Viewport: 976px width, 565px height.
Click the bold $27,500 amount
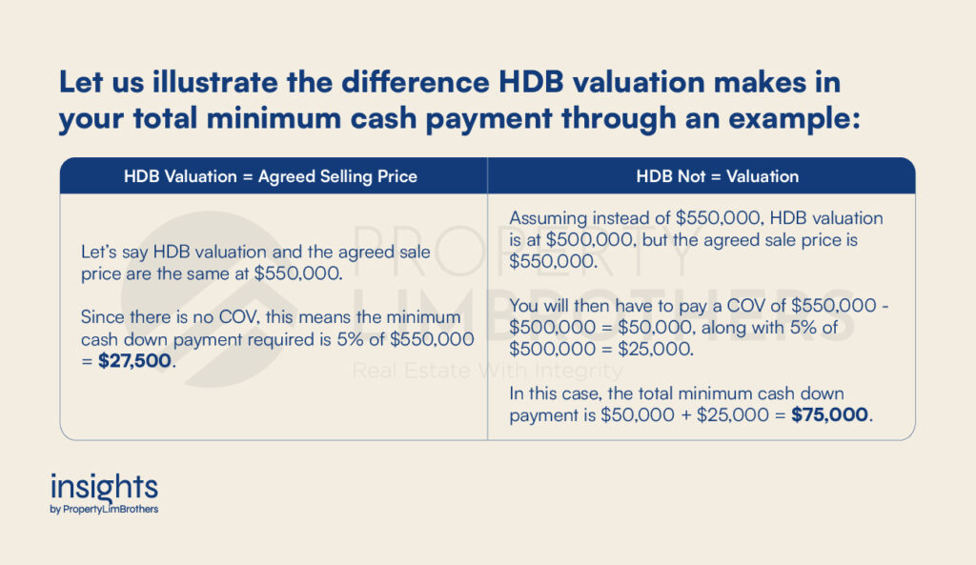click(x=134, y=361)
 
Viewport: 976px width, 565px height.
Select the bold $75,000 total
click(x=829, y=414)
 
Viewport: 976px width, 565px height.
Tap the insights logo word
click(x=104, y=488)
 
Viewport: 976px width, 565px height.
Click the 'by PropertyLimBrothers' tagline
click(x=104, y=509)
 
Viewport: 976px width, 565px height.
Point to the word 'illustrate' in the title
click(x=215, y=82)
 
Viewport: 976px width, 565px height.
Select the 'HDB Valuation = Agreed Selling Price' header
click(x=270, y=176)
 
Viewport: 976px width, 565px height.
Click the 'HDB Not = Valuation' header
click(x=717, y=176)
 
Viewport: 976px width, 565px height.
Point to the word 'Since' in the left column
click(x=103, y=317)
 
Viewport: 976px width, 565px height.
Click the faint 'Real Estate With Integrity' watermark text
click(x=487, y=371)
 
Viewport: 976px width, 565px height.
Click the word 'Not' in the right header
click(x=691, y=176)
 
